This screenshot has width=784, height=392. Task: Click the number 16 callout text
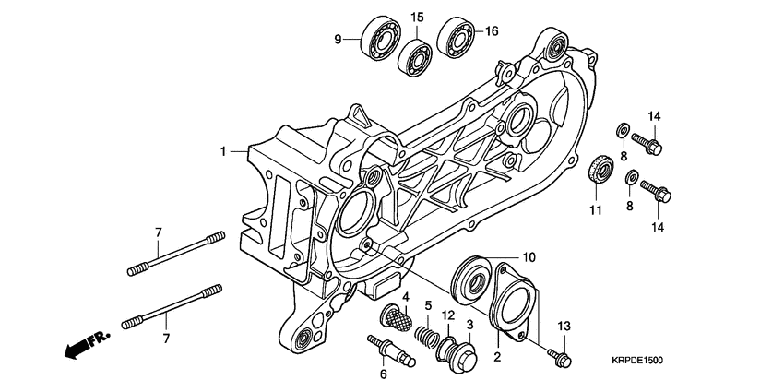tap(492, 30)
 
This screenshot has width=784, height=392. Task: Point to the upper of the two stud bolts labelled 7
tap(175, 252)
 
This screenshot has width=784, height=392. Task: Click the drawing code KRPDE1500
tap(637, 362)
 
